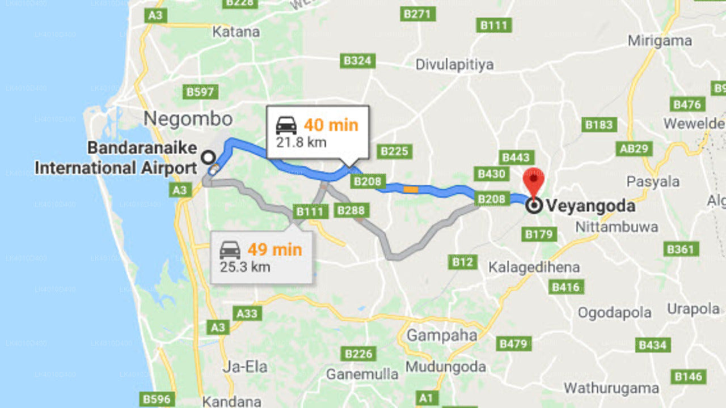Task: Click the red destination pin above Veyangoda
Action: tap(533, 180)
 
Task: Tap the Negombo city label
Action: tap(188, 119)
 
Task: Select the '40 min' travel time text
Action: tap(331, 125)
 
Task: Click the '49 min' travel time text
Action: tap(275, 249)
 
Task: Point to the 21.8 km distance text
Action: tap(301, 142)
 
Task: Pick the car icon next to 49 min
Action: tap(230, 249)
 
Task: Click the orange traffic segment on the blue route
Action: tap(411, 189)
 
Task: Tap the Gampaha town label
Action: tap(442, 335)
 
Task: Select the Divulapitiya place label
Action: tap(455, 65)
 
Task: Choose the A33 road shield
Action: tap(247, 313)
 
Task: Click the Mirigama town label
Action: tap(660, 41)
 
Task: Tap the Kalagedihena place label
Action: tap(534, 267)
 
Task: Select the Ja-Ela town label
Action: tap(245, 367)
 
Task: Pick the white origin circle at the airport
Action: tap(209, 157)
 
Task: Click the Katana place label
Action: tap(235, 32)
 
